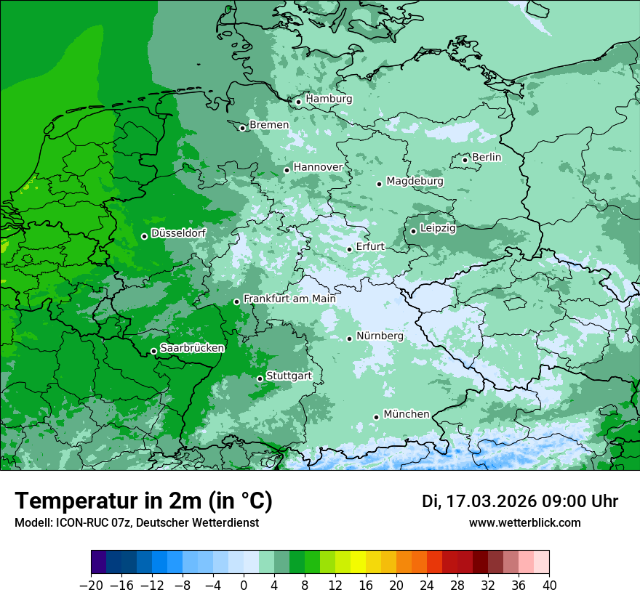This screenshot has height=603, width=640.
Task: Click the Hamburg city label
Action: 329,99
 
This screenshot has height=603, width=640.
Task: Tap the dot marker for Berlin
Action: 465,160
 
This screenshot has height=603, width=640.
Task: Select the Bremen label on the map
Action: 269,125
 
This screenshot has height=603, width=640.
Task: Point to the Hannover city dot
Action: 287,170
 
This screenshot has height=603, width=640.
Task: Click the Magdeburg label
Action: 415,181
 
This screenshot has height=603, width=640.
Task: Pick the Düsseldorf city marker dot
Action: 144,236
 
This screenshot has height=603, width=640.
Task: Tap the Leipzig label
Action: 438,228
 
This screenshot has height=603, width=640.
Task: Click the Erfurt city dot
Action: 349,249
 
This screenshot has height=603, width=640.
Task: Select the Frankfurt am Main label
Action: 289,299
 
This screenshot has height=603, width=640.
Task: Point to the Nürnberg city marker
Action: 349,339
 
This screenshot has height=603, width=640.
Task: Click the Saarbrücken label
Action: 192,348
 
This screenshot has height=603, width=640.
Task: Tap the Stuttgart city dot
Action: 260,379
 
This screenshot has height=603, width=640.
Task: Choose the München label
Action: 406,414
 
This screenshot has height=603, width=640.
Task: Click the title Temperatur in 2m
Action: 143,501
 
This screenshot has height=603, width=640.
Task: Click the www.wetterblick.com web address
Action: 524,522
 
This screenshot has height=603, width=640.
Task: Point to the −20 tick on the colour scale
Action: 92,586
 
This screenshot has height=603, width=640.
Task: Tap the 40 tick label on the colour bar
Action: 549,586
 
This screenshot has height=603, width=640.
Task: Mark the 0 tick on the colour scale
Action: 244,586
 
